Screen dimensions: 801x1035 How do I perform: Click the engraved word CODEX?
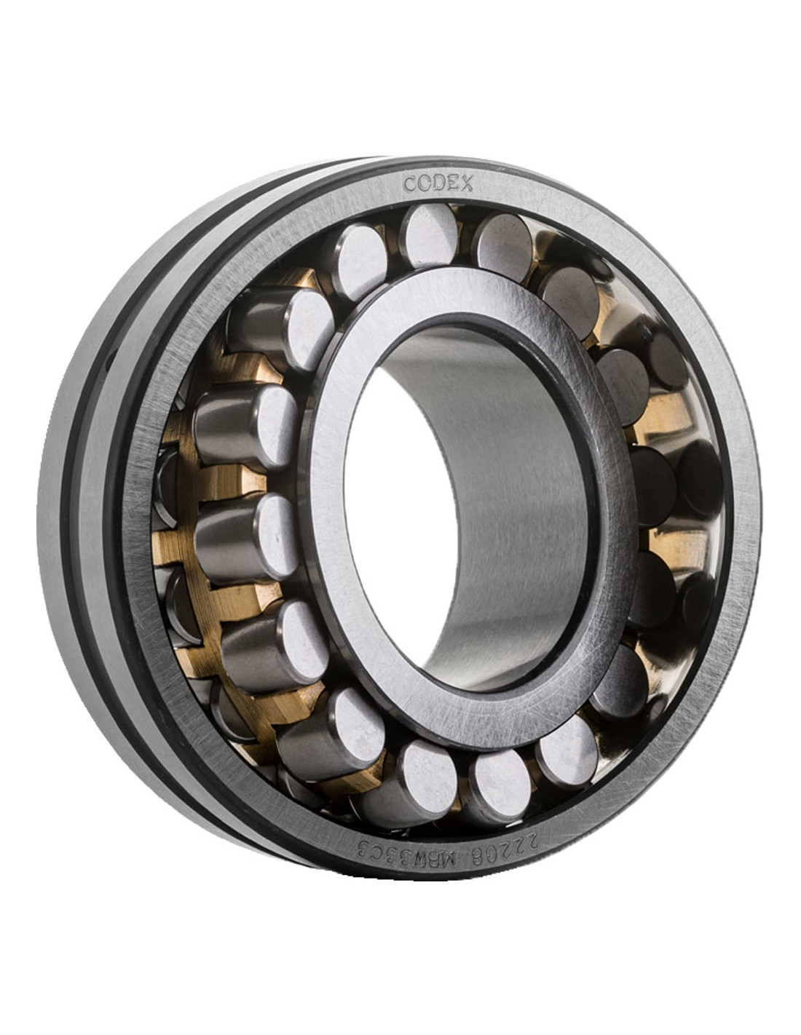(x=438, y=183)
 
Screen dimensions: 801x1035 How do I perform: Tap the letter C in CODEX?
(x=410, y=183)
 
